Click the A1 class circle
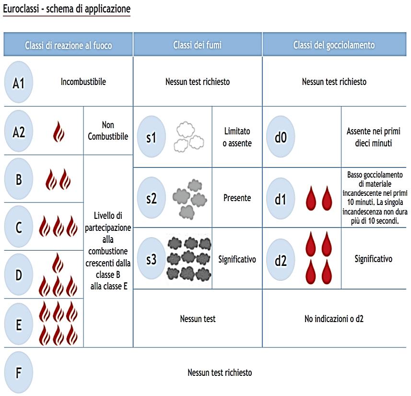(x=19, y=82)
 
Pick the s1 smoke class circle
(x=152, y=137)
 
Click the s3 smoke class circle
(x=152, y=259)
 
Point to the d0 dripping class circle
(x=281, y=137)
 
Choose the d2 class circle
(x=281, y=260)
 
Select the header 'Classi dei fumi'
(x=197, y=45)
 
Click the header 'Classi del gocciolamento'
(x=334, y=45)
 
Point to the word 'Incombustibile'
(x=83, y=82)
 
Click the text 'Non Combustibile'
(x=108, y=131)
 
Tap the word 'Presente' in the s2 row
(x=237, y=198)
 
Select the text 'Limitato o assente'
(x=237, y=137)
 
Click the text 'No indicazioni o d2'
(x=334, y=318)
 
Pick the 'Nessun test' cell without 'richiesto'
(x=198, y=318)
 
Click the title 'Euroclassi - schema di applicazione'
(x=67, y=9)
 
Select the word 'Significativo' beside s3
(x=237, y=259)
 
